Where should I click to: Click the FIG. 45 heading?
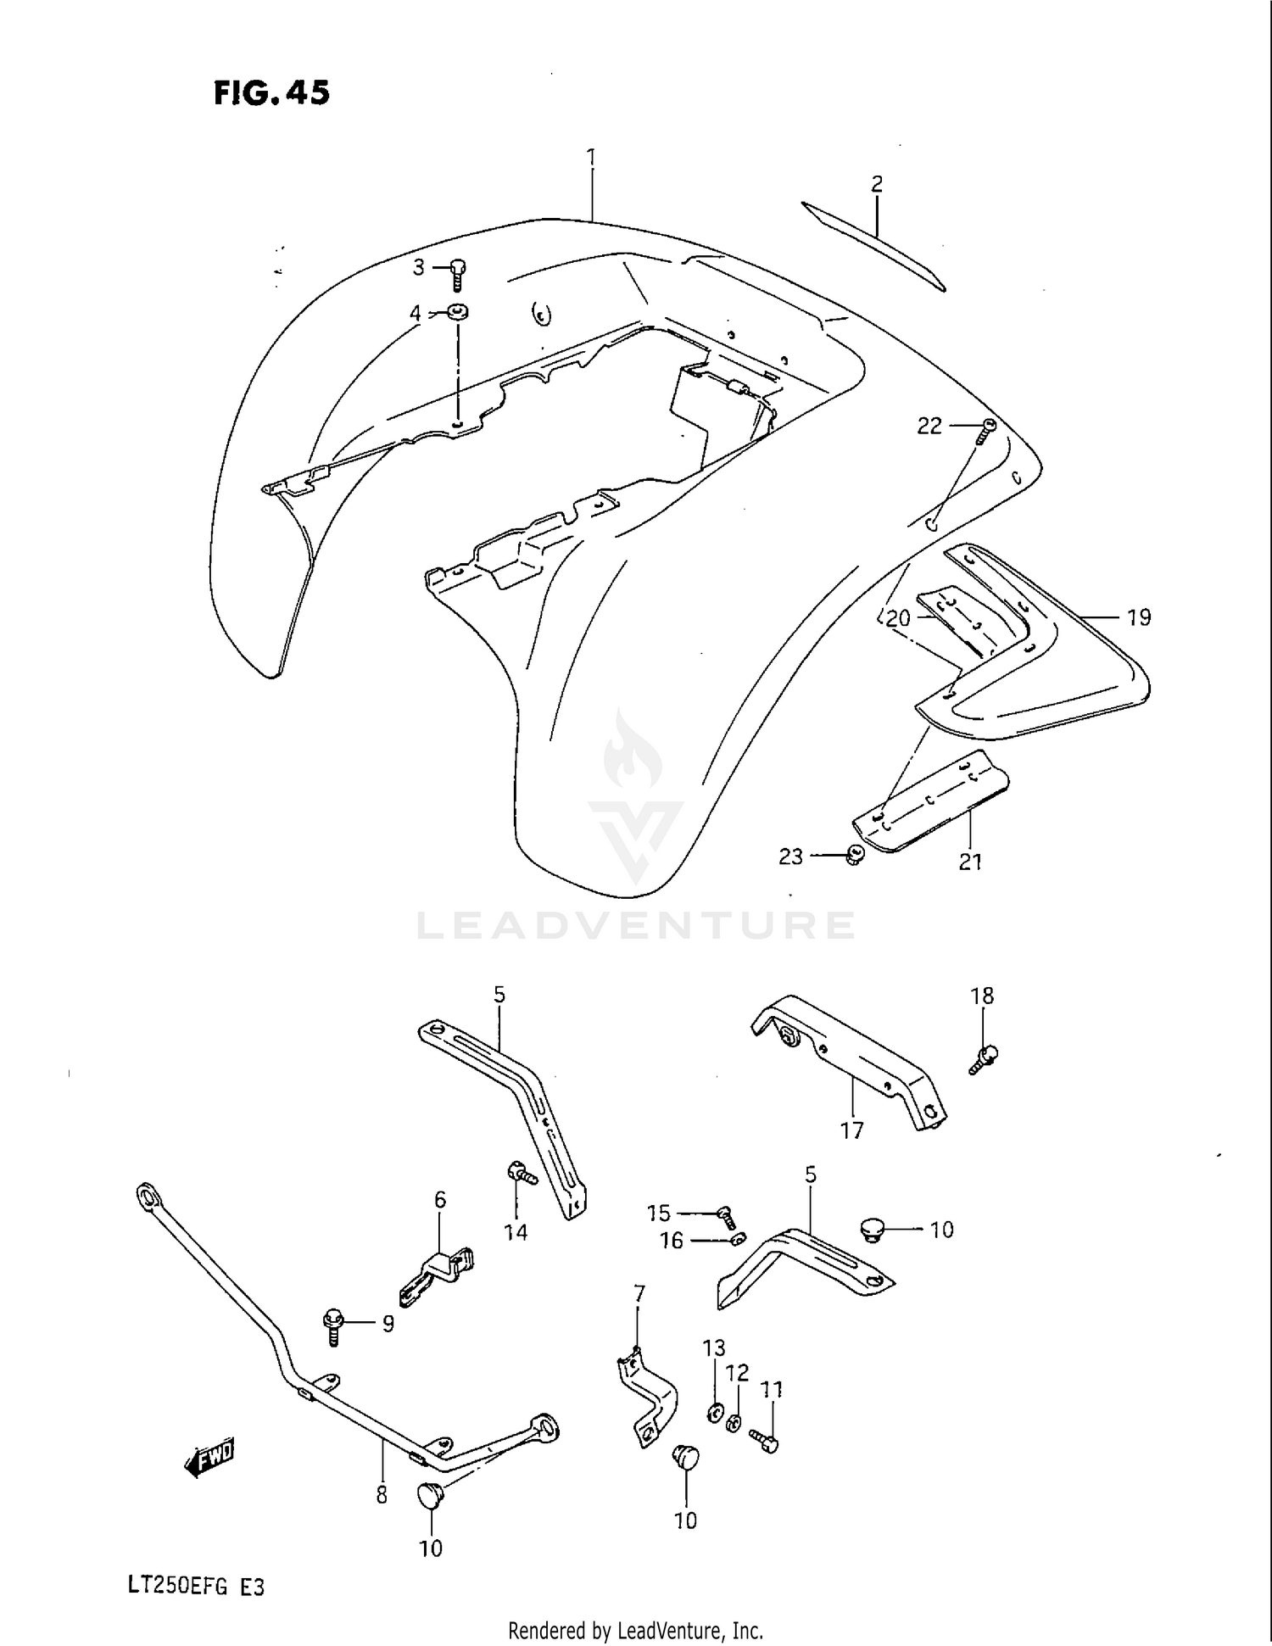point(271,92)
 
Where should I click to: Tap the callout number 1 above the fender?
point(591,159)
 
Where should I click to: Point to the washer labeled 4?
point(459,312)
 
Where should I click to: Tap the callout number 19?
point(1139,617)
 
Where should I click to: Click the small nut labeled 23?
point(854,856)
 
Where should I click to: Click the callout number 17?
point(851,1130)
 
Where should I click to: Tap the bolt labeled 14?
point(520,1175)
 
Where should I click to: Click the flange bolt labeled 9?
point(332,1325)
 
